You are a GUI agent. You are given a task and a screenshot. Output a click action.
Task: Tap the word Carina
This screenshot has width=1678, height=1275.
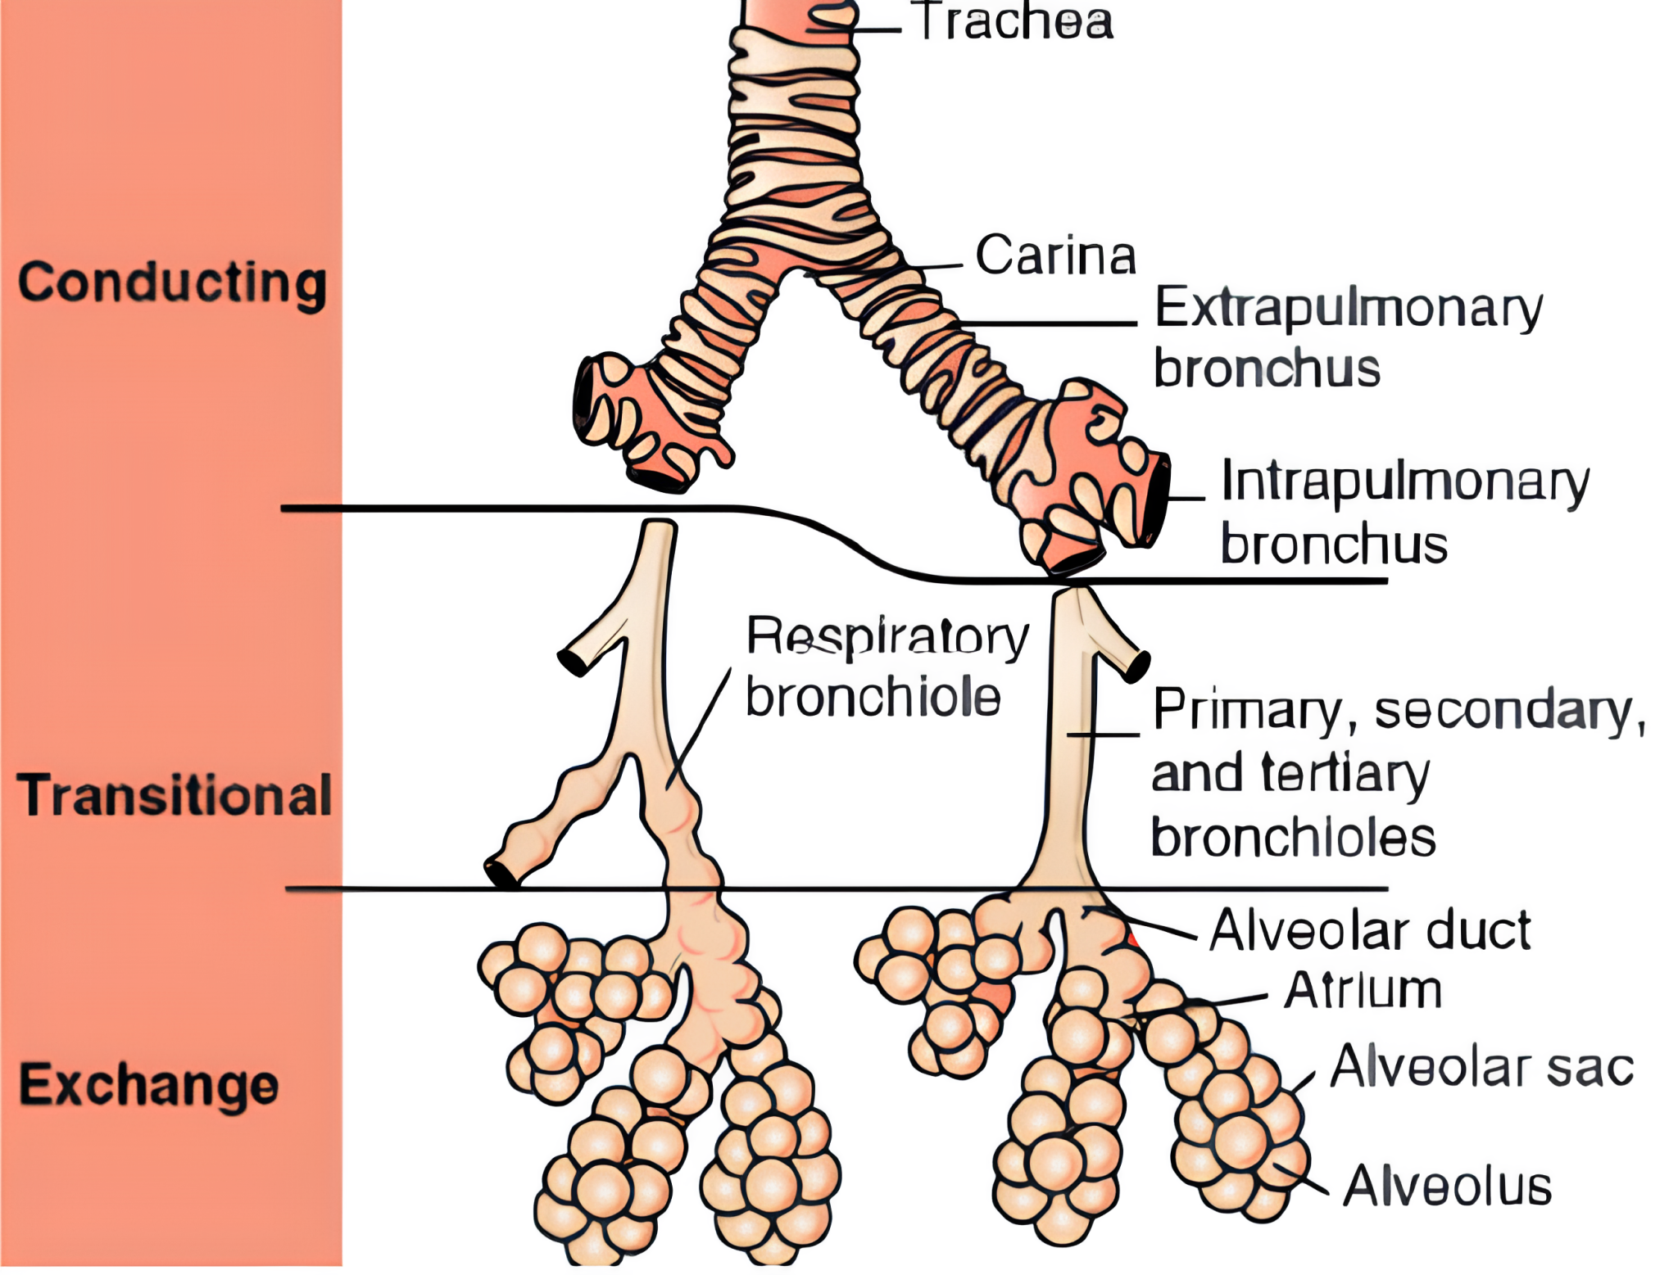[x=1055, y=255]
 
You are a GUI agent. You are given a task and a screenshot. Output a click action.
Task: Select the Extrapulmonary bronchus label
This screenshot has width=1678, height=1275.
[x=1347, y=337]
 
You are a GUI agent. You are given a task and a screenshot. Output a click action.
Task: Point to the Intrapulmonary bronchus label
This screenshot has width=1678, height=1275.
[x=1404, y=512]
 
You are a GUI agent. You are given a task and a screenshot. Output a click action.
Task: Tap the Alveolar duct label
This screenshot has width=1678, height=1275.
[x=1370, y=930]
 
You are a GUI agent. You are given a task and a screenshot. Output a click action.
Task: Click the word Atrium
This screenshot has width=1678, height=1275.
[x=1363, y=991]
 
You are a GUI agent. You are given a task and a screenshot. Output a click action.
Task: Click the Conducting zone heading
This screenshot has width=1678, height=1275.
[x=172, y=283]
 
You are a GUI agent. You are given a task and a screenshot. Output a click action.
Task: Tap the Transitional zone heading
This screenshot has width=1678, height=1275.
[x=174, y=795]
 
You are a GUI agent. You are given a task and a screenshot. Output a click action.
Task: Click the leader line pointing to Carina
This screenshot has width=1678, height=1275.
[x=934, y=267]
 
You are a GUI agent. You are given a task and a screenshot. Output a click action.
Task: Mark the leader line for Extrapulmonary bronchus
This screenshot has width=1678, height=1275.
[x=1049, y=323]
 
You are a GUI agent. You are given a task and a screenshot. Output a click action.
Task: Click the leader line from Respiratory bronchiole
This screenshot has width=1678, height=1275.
[x=698, y=729]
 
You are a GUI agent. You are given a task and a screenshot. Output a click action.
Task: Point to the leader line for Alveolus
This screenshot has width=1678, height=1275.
[x=1303, y=1179]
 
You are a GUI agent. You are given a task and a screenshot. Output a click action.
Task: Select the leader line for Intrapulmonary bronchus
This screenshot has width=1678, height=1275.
[x=1186, y=497]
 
